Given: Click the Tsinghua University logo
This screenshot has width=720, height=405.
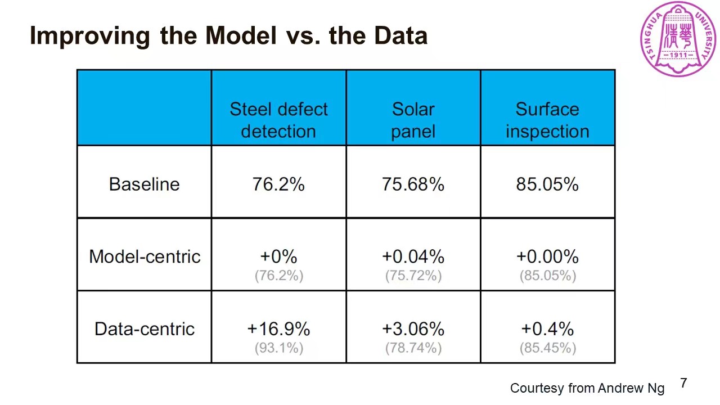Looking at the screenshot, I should coord(678,39).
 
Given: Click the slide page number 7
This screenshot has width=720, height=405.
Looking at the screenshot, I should coord(683,383).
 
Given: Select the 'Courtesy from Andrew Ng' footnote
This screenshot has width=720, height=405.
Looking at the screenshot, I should coord(587,388).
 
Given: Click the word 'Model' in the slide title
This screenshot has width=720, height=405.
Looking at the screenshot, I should coord(241,36).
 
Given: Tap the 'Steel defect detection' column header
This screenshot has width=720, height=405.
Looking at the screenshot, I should coord(278,120).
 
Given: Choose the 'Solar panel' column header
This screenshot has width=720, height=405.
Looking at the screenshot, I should coord(413,120).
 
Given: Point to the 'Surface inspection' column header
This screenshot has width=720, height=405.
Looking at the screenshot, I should coord(547,120).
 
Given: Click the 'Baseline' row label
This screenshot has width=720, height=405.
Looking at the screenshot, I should coord(144,184).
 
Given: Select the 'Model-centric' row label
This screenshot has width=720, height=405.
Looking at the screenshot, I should coord(145,256).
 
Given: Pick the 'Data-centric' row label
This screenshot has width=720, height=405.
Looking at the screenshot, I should coord(145,329).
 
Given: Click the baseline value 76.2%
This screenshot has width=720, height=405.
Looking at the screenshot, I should coord(278,184).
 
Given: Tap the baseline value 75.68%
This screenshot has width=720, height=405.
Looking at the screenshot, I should coord(413,184).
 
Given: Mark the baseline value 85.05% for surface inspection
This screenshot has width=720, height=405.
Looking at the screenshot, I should coord(547,184).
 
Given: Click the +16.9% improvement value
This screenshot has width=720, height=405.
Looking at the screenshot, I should coord(278,328).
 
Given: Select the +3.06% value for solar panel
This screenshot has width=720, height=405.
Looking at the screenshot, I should coord(413,328).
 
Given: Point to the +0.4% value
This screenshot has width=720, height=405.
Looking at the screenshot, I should coord(547,328).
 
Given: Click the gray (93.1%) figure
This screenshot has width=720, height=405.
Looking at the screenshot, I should coord(278,348).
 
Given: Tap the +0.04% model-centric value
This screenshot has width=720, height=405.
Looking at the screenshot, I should coord(413,256).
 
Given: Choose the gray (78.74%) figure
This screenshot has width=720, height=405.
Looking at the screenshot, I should coord(413,348).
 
